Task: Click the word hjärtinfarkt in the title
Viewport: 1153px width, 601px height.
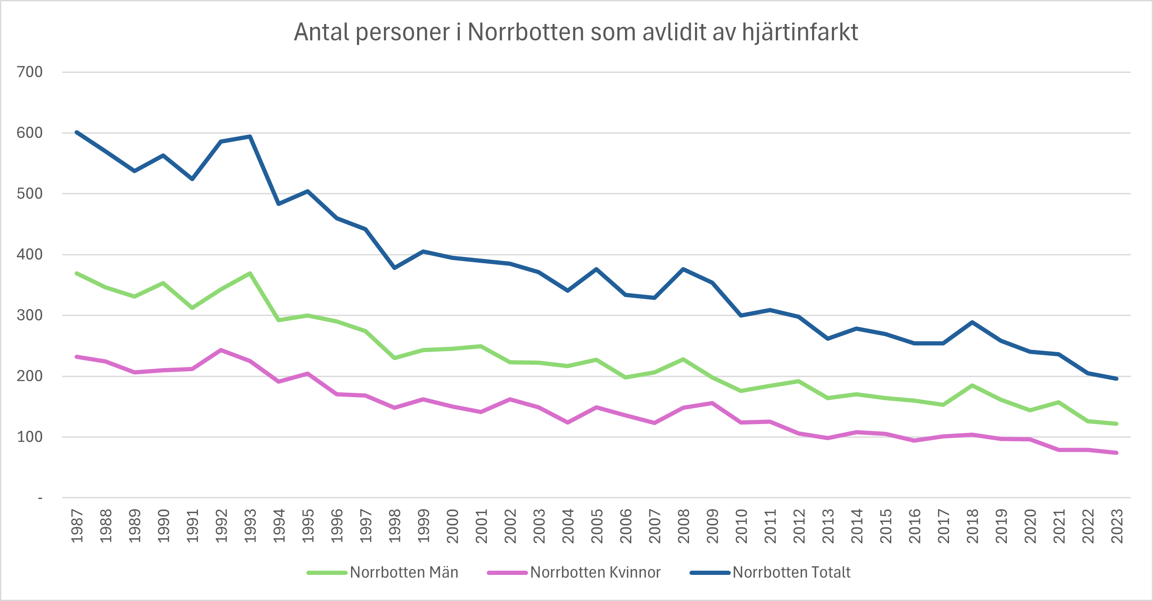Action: (x=799, y=32)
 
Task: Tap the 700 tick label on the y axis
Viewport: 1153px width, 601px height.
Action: (x=29, y=72)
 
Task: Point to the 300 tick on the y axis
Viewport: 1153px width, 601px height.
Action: (x=29, y=315)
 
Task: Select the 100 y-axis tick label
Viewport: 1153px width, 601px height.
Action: (x=29, y=437)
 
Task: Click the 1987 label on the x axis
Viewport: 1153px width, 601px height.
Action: (x=77, y=526)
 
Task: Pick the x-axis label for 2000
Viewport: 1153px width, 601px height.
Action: (x=453, y=526)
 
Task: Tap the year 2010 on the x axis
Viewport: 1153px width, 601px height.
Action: (x=741, y=526)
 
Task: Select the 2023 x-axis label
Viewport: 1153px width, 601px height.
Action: (x=1117, y=526)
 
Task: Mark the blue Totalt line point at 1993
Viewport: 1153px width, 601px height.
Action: (x=250, y=136)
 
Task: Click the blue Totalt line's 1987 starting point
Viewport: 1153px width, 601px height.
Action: (x=77, y=132)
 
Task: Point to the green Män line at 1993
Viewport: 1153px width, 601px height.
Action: (x=250, y=273)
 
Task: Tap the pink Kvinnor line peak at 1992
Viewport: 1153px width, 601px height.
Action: (x=221, y=350)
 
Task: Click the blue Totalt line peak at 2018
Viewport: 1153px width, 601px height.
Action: (x=972, y=322)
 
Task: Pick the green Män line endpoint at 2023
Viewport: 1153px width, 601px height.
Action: (x=1117, y=423)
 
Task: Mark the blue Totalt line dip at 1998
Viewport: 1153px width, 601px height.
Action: (x=394, y=268)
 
